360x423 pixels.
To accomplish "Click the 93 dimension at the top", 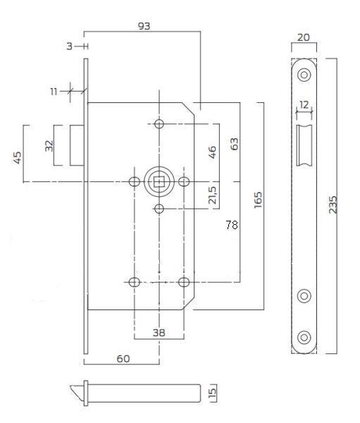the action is tap(144, 26).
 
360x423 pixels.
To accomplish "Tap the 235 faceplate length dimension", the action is tap(333, 204).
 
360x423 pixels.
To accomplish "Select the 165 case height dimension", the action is tap(258, 200).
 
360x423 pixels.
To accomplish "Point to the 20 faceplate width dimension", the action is tap(304, 37).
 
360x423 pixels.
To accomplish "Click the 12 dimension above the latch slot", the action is tap(304, 104).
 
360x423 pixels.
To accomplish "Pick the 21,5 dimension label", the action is tap(212, 195).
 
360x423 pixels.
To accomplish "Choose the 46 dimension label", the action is tap(212, 152).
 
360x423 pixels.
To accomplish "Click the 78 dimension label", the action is tap(232, 224).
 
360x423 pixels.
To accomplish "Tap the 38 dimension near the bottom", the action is tap(159, 333).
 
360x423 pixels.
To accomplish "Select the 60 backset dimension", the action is tap(123, 359).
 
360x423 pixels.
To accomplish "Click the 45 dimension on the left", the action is tap(18, 157).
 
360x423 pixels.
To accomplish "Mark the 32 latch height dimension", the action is tap(49, 146).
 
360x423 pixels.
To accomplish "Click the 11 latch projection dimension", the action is tap(54, 92).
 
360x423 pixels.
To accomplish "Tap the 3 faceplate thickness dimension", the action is tap(70, 47).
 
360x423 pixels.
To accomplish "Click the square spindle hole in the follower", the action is tap(159, 182).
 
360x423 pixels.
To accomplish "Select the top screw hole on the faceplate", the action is tap(304, 75).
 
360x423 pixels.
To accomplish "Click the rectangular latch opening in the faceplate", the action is tap(304, 145).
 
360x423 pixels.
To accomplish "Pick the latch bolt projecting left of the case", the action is tap(77, 145).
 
